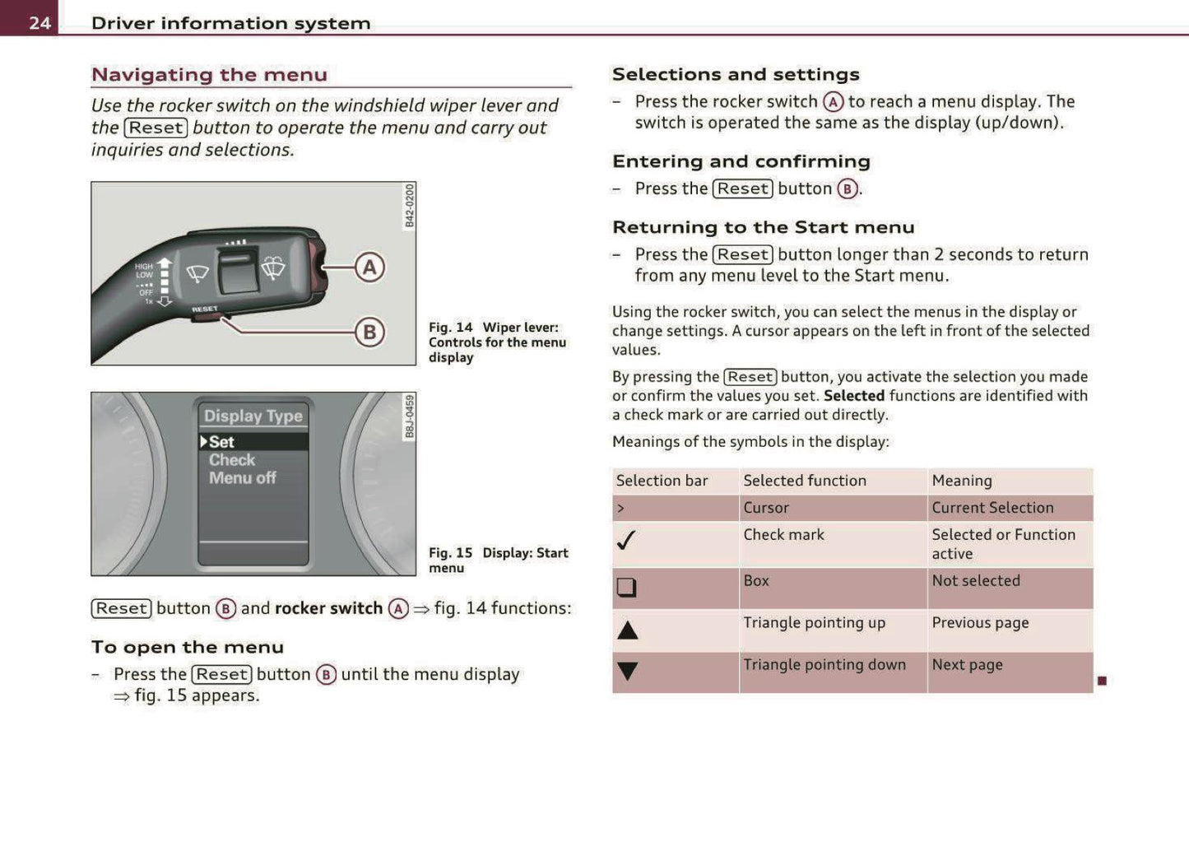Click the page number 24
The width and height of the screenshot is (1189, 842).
39,23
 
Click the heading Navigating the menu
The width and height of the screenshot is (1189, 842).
209,75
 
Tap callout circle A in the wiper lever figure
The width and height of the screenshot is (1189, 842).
369,267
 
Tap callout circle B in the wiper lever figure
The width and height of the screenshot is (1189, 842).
369,333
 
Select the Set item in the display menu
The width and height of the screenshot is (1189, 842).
221,442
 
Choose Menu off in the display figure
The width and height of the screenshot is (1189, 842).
242,478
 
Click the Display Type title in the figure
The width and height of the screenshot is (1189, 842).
253,416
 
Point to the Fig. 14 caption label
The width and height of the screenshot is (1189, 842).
450,328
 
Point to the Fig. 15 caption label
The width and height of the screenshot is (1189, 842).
450,553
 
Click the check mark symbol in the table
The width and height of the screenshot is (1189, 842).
626,541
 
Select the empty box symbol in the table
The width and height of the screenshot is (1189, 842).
626,587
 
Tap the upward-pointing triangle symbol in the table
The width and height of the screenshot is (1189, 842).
628,630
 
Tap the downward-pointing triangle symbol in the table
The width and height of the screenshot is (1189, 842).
628,672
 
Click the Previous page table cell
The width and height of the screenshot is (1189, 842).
980,623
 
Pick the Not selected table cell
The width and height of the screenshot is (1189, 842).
976,581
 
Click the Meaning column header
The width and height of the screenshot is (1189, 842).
962,481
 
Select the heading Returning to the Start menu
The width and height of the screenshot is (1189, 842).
763,227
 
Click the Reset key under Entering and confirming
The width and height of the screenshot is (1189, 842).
742,188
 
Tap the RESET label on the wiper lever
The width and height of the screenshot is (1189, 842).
205,309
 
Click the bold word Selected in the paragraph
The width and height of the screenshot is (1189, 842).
853,396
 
